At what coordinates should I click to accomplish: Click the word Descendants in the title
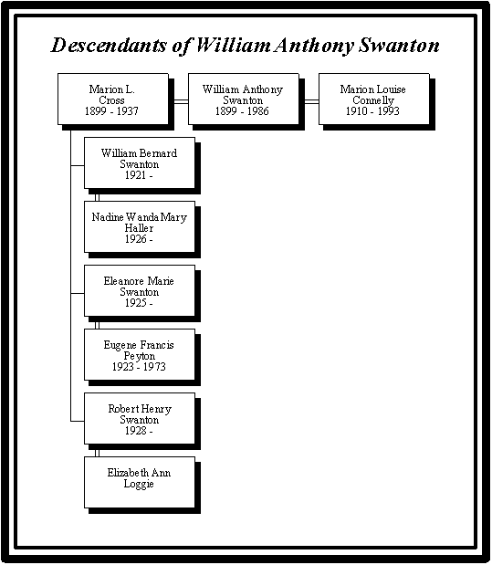109,46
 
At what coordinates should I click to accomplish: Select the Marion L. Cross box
113,99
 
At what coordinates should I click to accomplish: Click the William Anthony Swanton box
244,99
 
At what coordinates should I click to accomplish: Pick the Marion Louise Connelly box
373,99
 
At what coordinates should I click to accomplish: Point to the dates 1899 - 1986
242,111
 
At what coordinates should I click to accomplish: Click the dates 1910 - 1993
372,111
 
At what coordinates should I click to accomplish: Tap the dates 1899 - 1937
111,111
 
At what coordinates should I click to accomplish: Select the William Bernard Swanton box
140,162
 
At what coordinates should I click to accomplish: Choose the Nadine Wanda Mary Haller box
140,226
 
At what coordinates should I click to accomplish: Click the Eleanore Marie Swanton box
140,291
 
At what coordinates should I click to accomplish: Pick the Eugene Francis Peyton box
140,354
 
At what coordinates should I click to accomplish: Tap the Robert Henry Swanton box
140,418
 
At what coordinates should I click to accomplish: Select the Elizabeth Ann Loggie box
140,483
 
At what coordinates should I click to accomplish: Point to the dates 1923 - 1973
139,367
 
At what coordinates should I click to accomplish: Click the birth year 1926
135,239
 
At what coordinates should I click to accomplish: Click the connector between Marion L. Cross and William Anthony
178,101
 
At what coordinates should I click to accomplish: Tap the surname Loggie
139,484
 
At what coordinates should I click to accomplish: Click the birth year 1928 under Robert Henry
135,431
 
